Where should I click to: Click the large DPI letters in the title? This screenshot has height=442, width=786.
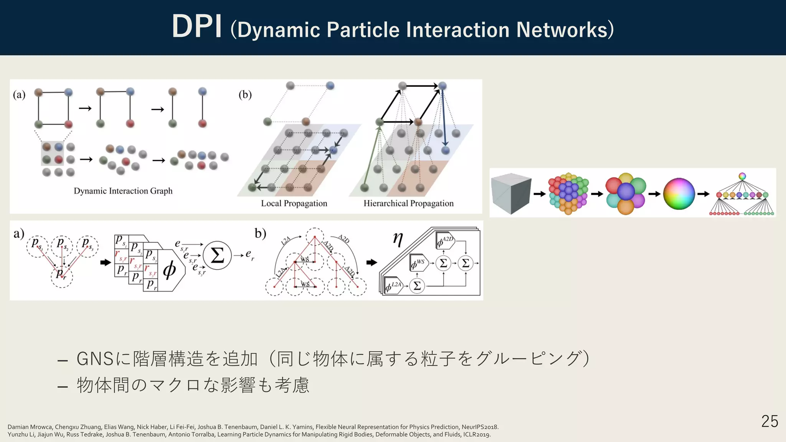click(197, 27)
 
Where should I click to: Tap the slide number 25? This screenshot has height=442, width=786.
click(769, 421)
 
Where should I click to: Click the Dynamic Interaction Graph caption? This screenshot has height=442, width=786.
click(123, 191)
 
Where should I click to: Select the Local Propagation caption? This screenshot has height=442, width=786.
click(294, 203)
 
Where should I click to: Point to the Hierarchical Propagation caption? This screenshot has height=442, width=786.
click(408, 203)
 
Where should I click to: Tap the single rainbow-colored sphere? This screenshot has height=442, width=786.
click(679, 194)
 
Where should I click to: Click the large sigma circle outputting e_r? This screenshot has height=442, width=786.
click(217, 255)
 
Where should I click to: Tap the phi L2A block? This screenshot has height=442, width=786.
click(394, 286)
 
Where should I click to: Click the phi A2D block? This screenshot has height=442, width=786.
click(445, 241)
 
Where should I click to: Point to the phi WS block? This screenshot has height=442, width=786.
click(419, 263)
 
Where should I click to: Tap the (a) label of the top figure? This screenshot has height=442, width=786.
click(19, 95)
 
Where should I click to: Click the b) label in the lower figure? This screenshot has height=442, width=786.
click(260, 233)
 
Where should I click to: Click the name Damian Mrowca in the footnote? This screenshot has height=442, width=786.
click(30, 427)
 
